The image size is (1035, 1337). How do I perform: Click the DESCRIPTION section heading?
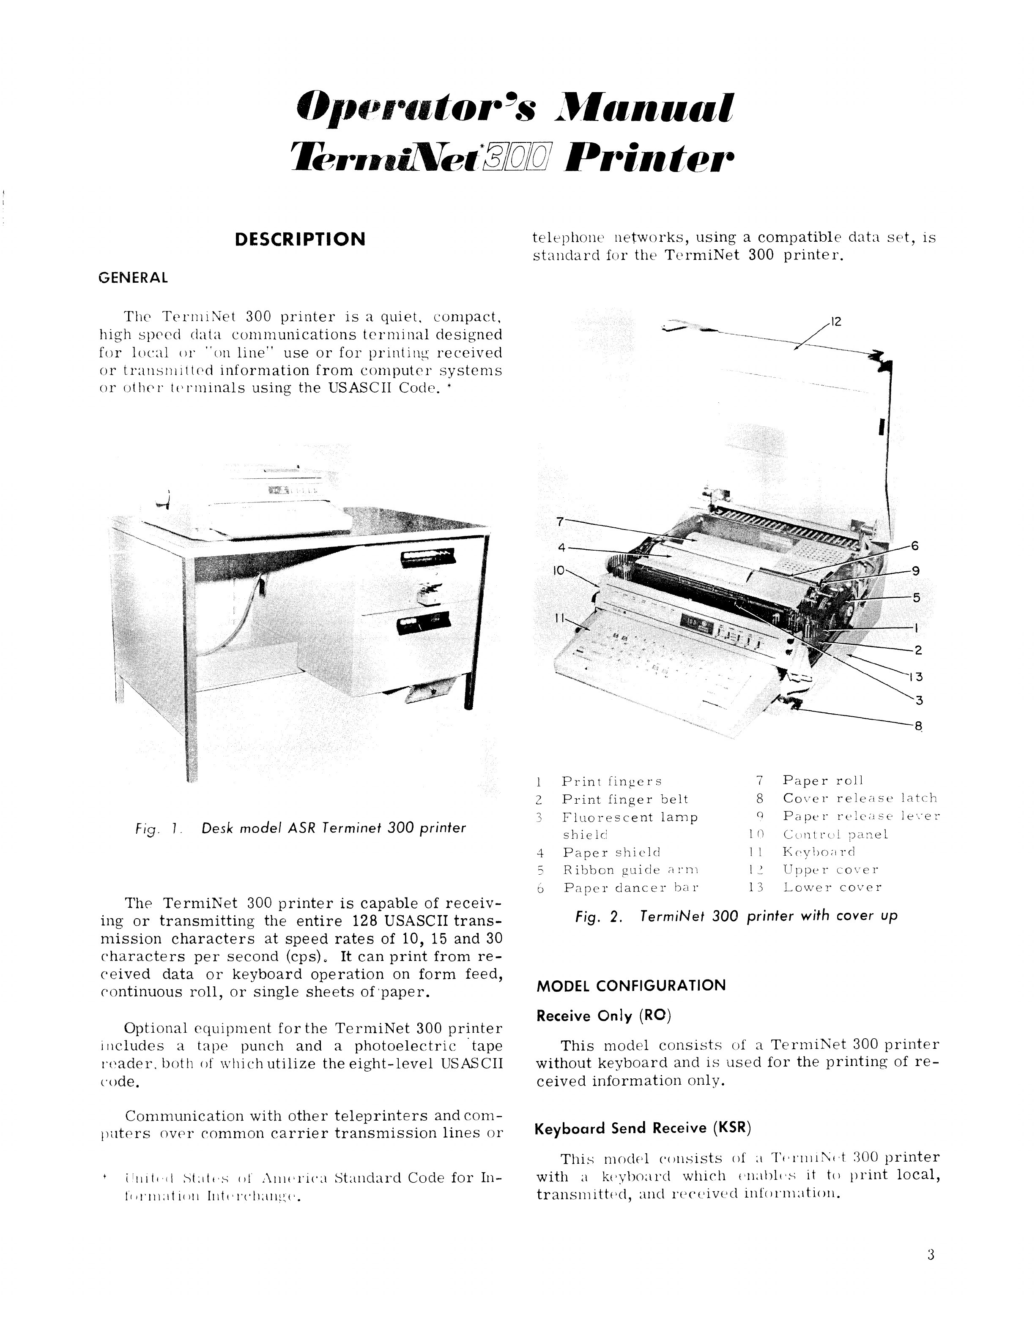[300, 239]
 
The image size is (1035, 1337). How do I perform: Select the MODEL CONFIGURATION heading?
[631, 985]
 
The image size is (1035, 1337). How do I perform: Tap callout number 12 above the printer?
[837, 322]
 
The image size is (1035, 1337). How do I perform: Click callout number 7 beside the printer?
[559, 521]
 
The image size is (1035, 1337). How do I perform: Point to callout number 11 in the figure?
[559, 618]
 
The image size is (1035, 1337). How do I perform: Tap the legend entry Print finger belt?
[624, 799]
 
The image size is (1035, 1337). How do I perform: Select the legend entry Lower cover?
[832, 887]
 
